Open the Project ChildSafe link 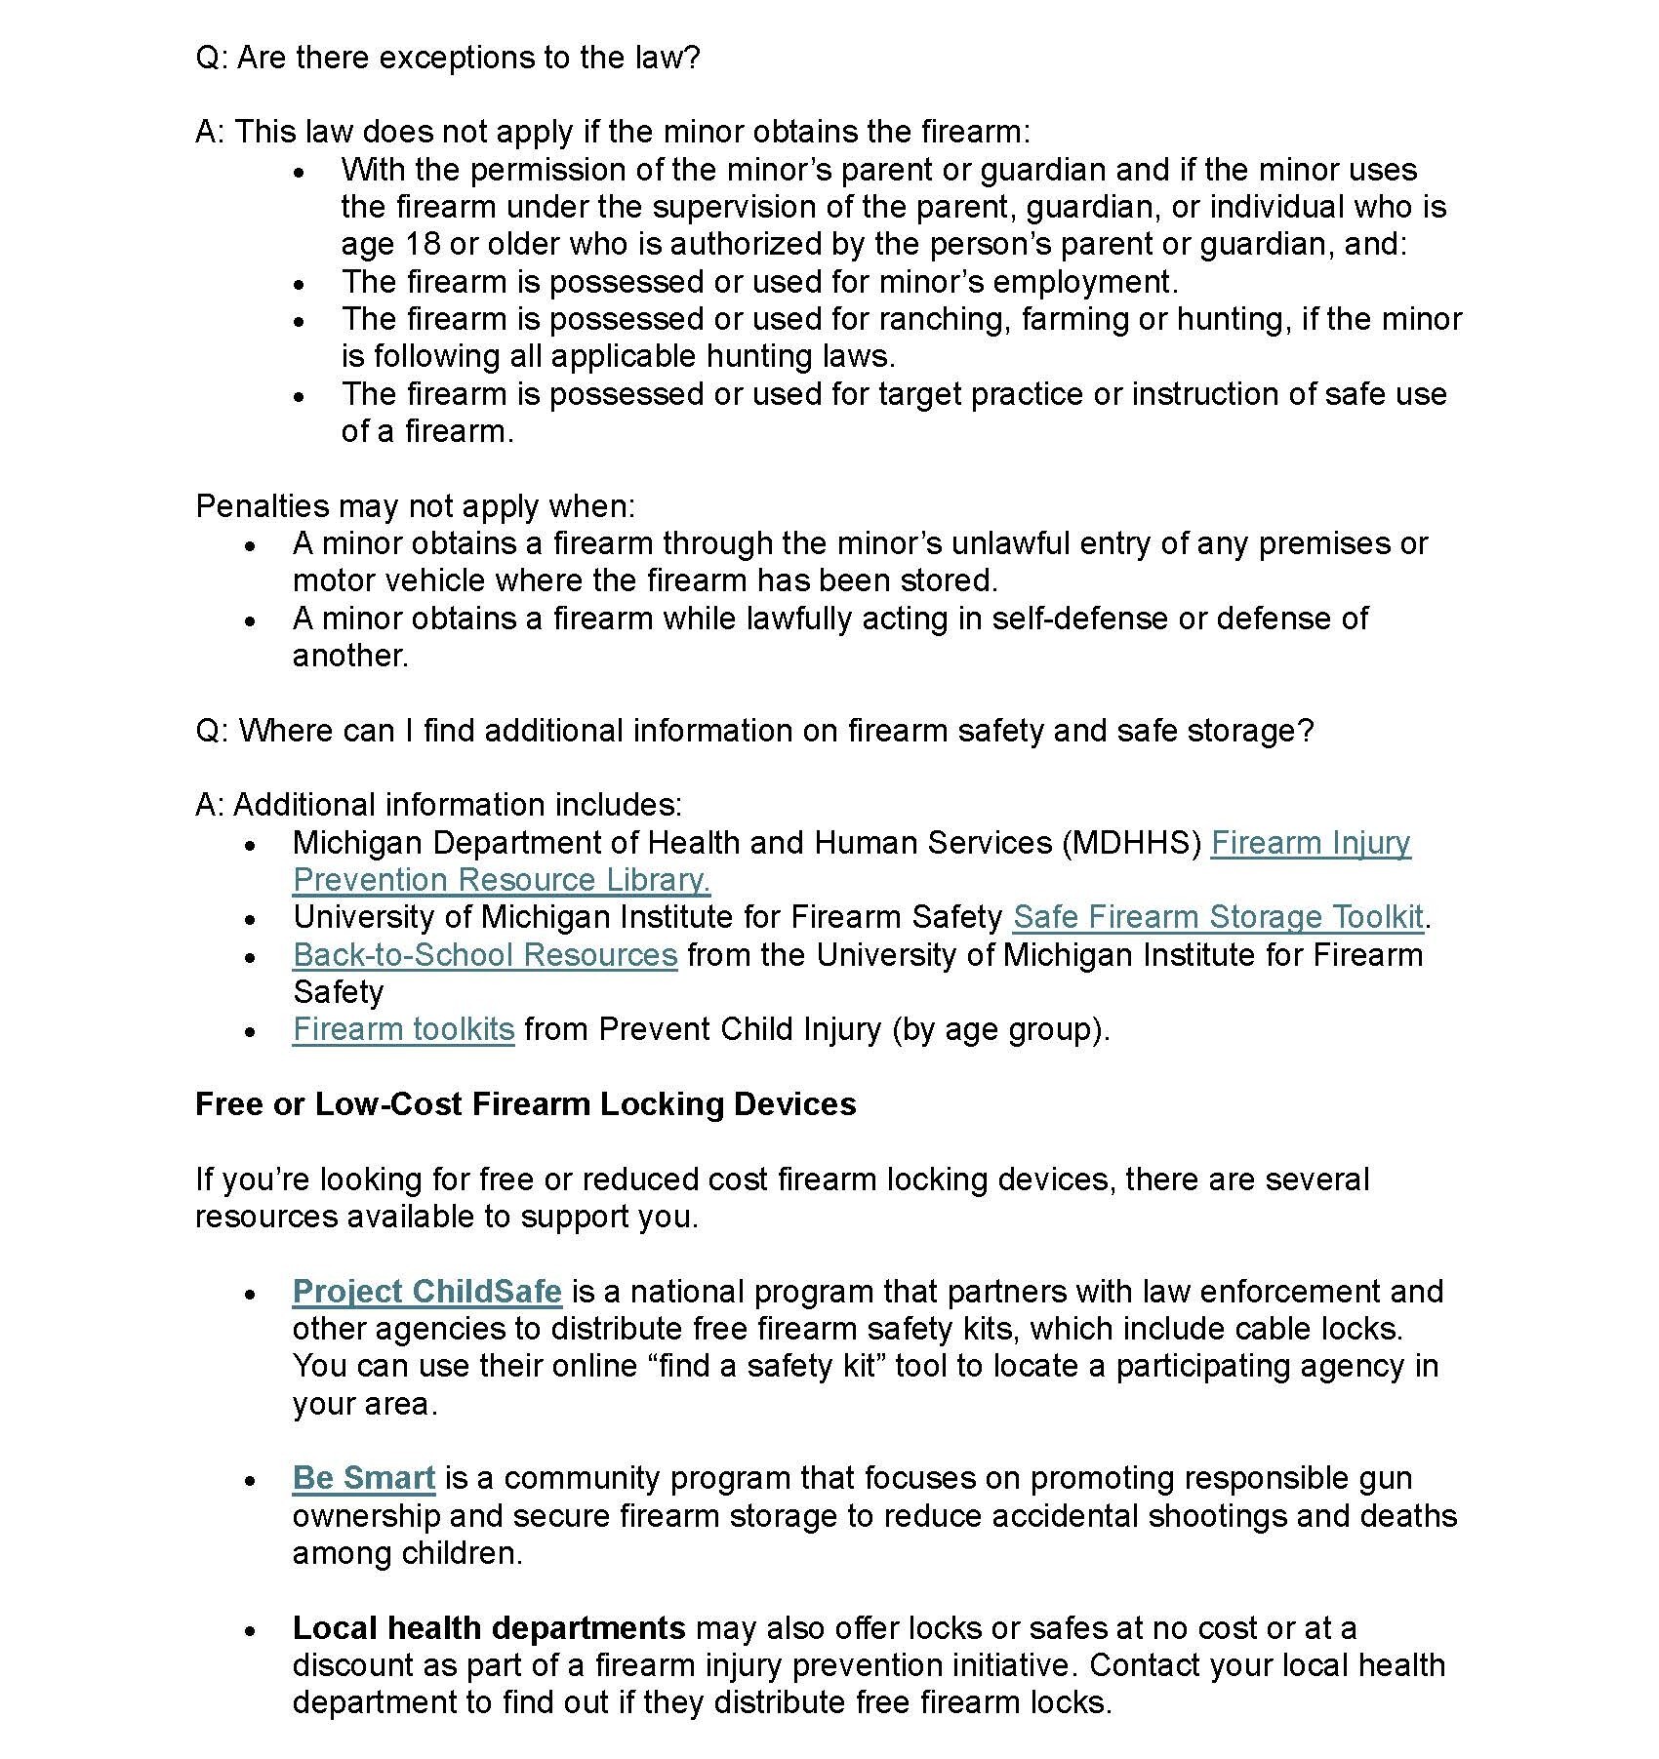tap(426, 1292)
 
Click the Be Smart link tap(363, 1478)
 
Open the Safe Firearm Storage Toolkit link tap(1217, 917)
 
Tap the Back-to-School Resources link tap(484, 954)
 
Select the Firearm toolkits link tap(403, 1029)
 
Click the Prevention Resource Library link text tap(501, 880)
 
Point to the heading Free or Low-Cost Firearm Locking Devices tap(525, 1104)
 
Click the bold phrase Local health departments tap(489, 1628)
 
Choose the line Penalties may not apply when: tap(416, 506)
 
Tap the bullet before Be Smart tap(251, 1480)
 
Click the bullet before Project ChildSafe tap(251, 1294)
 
